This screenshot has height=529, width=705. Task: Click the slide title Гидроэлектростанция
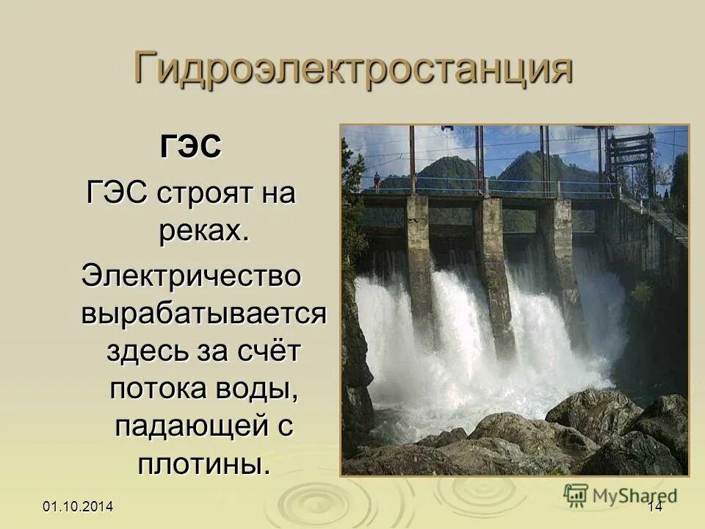[352, 70]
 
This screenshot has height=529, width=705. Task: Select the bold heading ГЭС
[190, 147]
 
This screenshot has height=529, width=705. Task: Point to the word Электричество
[191, 276]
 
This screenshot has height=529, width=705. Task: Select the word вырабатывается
[203, 314]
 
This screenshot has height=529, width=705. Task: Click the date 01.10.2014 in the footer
[78, 506]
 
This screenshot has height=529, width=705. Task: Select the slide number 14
[655, 506]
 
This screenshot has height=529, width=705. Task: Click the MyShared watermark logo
[621, 494]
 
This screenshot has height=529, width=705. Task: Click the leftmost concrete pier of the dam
[419, 257]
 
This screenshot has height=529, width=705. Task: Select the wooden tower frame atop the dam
[629, 158]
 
